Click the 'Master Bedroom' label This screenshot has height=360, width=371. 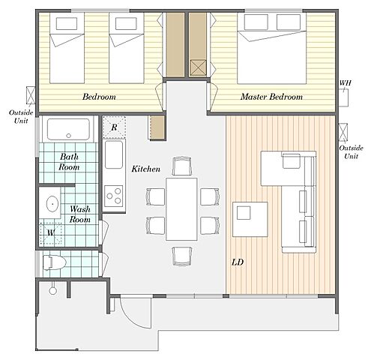pos(271,97)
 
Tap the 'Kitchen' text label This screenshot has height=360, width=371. pos(146,169)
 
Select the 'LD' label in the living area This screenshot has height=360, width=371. pos(238,262)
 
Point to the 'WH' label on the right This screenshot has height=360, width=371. pos(345,82)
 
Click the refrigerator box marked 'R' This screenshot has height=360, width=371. pos(114,127)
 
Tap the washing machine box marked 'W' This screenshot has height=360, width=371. pos(51,233)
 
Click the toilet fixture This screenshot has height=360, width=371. pos(55,262)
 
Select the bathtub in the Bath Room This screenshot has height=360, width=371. pos(68,129)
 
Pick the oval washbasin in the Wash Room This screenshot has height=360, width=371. pos(52,204)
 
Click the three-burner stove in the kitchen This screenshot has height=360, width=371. pos(114,196)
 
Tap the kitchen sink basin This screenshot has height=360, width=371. pos(114,154)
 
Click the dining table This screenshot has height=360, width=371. pos(181,209)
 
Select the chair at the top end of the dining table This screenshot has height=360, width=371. pos(182,166)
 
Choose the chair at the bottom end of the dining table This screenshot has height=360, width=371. pos(182,256)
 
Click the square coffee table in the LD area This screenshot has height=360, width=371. pos(250,219)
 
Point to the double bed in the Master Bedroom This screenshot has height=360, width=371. pos(271,48)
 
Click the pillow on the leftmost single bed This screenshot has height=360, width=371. pos(67,24)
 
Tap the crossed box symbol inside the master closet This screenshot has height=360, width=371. pos(198,67)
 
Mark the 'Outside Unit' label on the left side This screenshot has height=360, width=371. pos(21,116)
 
